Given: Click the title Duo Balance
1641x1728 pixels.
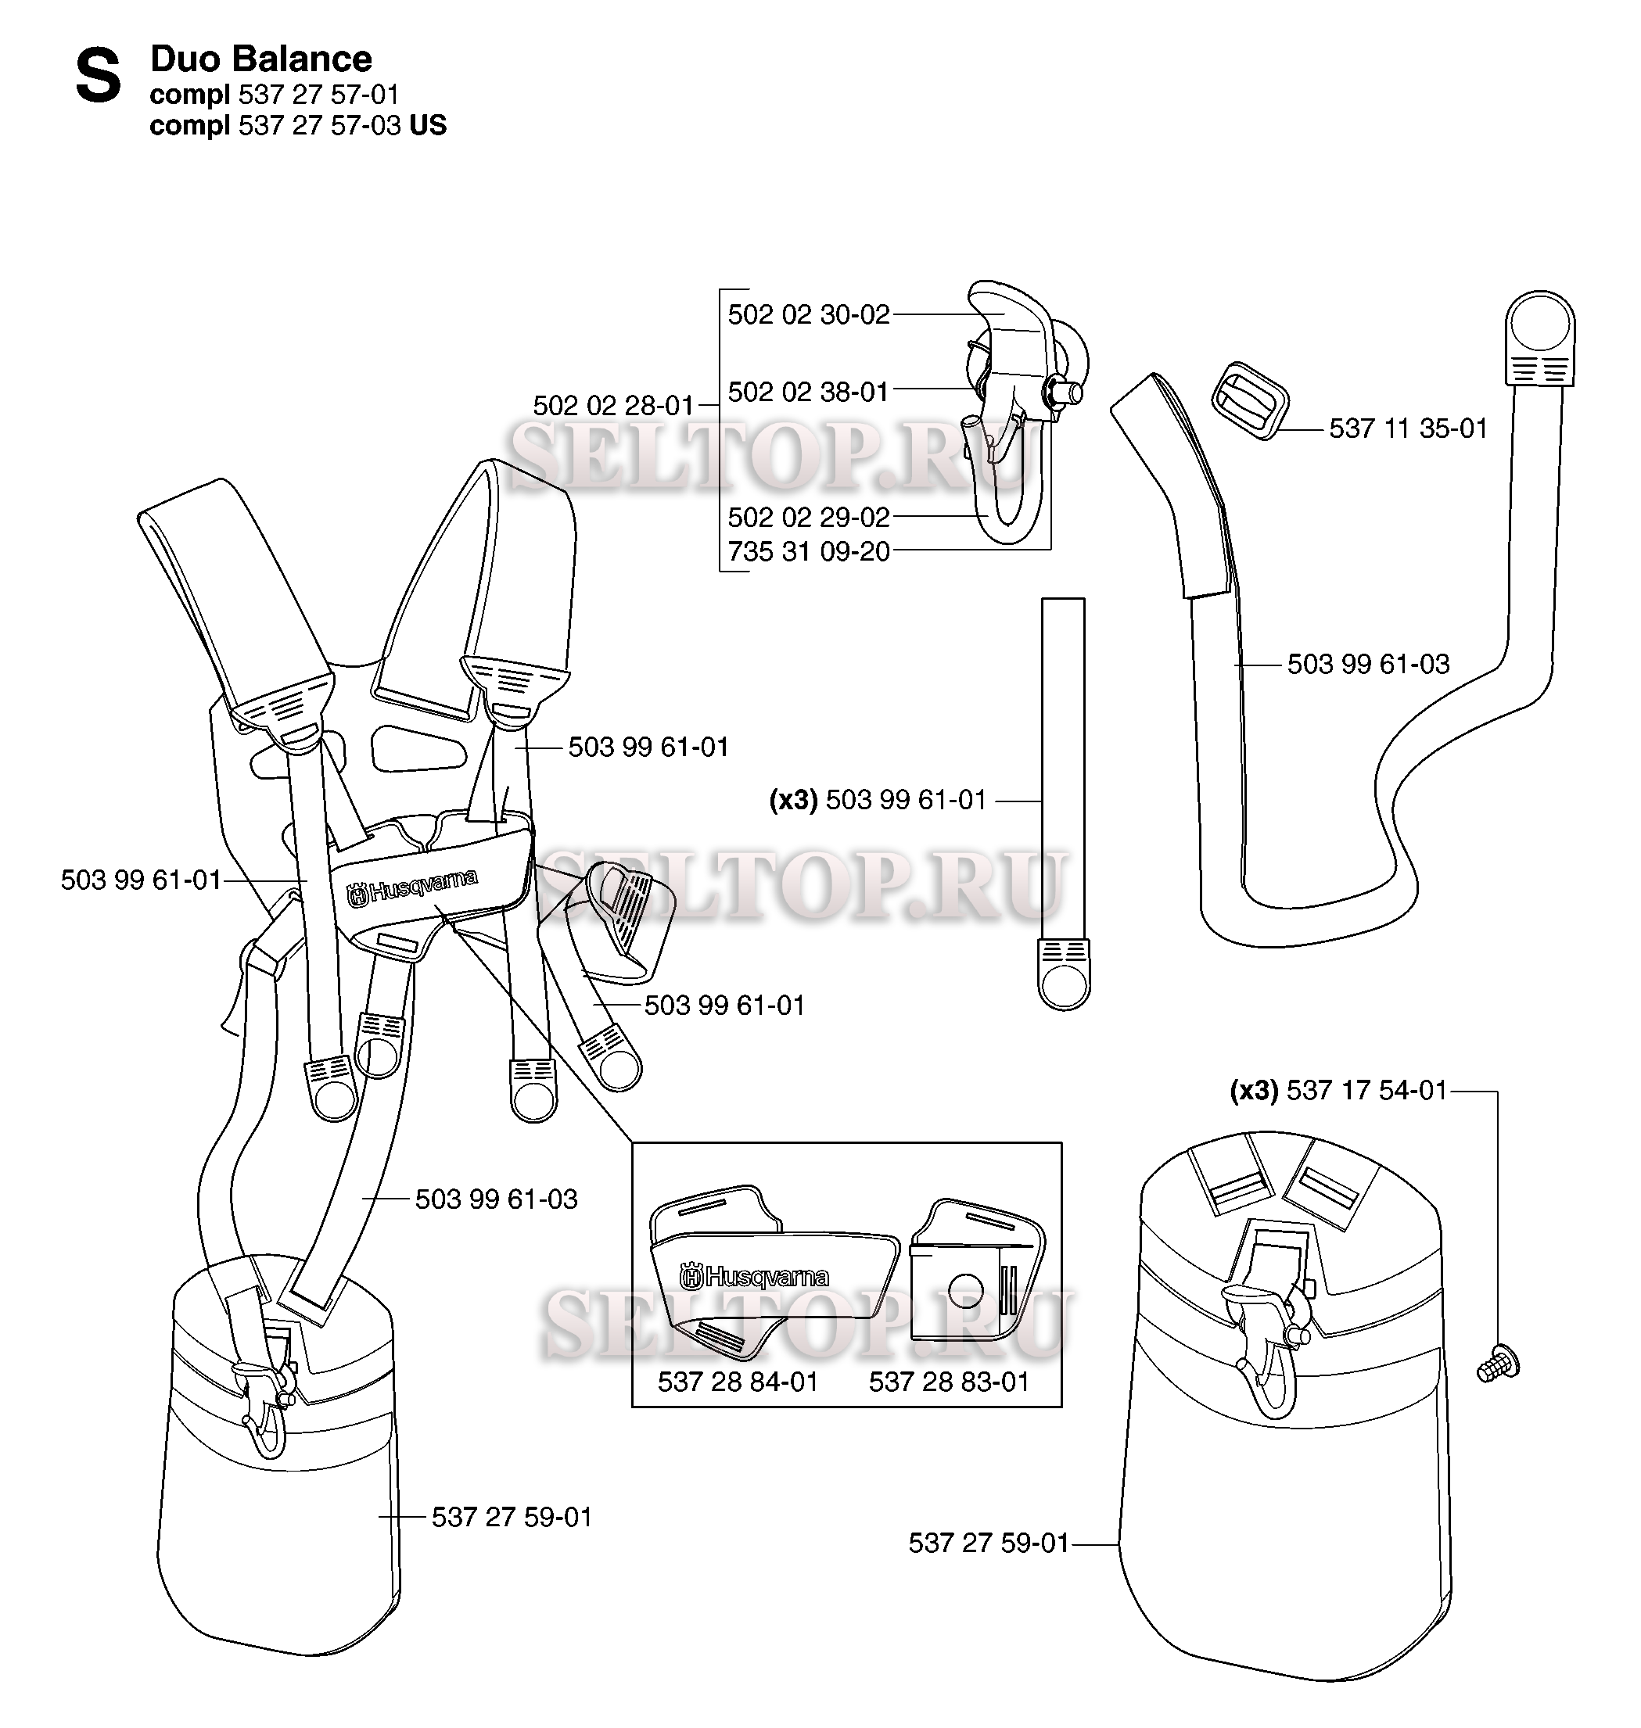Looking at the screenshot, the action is [261, 59].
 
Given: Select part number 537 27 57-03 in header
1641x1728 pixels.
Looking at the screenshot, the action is [319, 126].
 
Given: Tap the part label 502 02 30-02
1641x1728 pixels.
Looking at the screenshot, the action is [809, 315].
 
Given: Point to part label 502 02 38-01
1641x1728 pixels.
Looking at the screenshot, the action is [809, 392].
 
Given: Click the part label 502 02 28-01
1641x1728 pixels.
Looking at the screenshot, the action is [614, 406].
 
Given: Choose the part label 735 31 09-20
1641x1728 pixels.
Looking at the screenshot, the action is [809, 552].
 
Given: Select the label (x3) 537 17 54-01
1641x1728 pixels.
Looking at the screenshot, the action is [1339, 1091].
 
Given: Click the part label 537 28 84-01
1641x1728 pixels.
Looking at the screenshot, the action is [738, 1382].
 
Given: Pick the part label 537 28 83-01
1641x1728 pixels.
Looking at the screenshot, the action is [949, 1382].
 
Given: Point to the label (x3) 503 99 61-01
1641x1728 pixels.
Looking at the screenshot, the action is [878, 800].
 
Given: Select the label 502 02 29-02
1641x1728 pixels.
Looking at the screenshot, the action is [809, 517].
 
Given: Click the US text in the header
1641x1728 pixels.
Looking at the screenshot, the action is [428, 126].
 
